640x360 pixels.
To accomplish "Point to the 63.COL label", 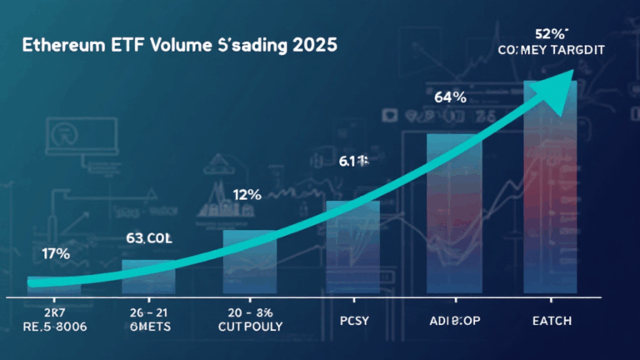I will coord(148,238).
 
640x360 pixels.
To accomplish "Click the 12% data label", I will coord(247,195).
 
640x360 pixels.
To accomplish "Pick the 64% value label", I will coord(450,97).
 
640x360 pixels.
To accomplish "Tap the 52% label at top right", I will coord(551,34).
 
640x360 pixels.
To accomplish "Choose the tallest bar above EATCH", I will coord(551,192).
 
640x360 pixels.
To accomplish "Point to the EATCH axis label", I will coord(552,319).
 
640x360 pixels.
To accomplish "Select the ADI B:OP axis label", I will coord(451,319).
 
